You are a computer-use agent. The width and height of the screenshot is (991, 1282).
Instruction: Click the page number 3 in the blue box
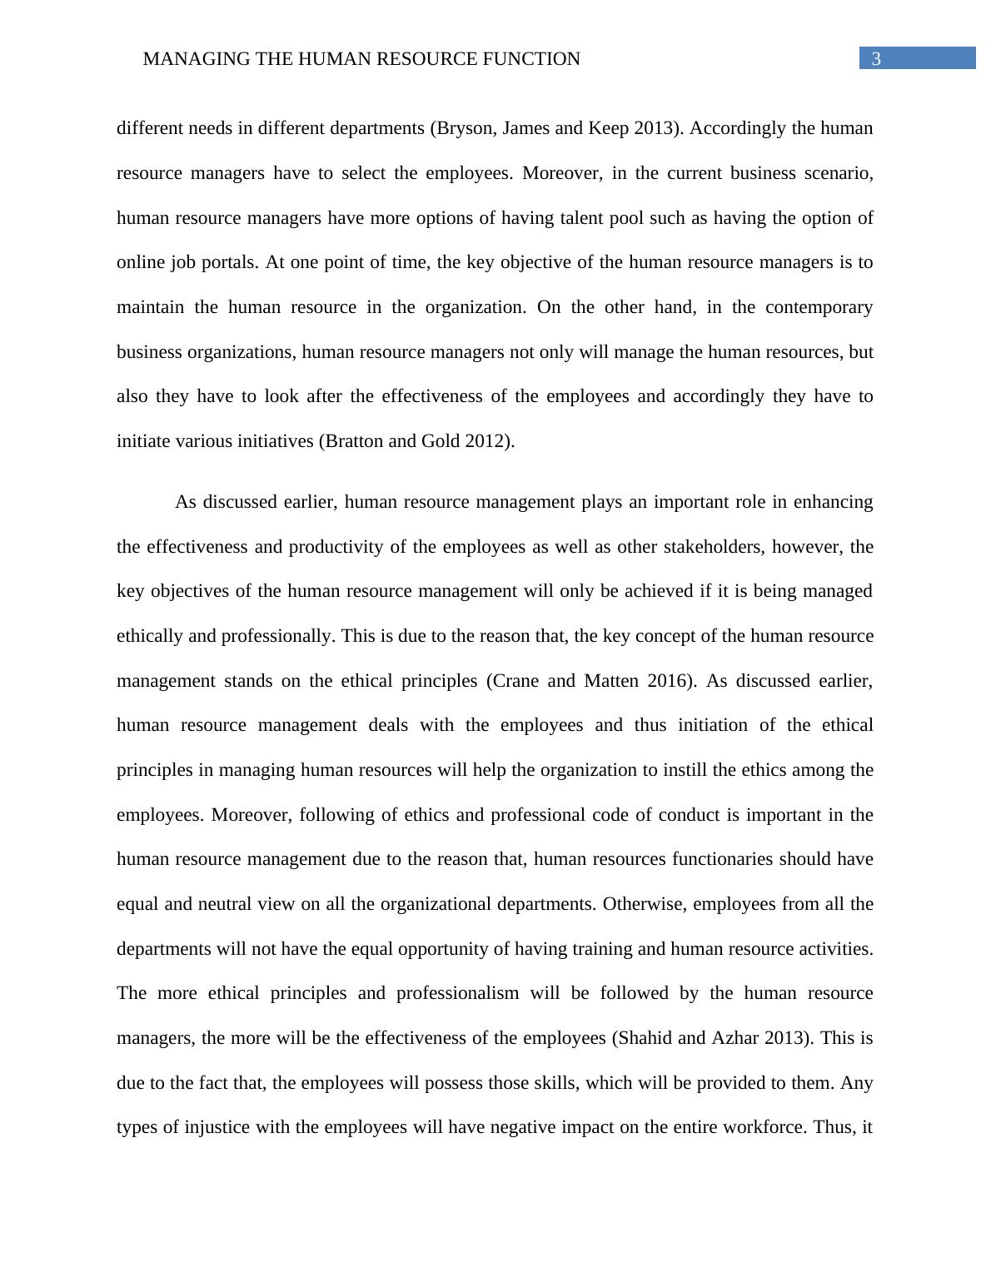(x=876, y=58)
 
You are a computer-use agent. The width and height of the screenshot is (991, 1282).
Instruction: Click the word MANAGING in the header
(x=185, y=59)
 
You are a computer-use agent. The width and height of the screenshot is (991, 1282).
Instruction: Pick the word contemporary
(x=819, y=307)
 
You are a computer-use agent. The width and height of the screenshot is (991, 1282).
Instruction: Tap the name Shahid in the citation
(x=645, y=1038)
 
